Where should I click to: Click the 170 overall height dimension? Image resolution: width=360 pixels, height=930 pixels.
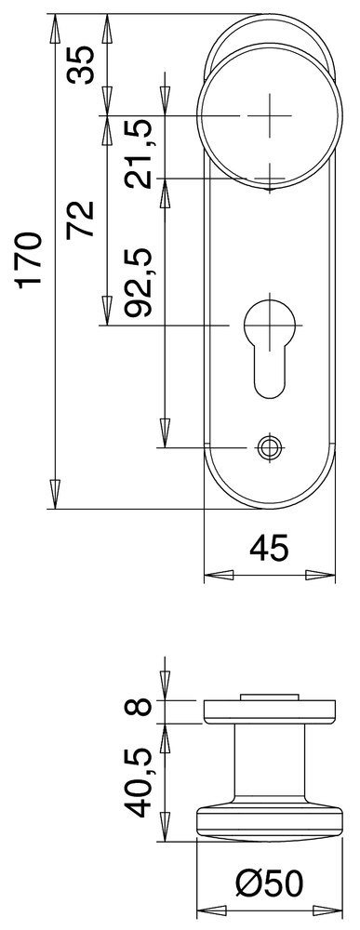30,260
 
